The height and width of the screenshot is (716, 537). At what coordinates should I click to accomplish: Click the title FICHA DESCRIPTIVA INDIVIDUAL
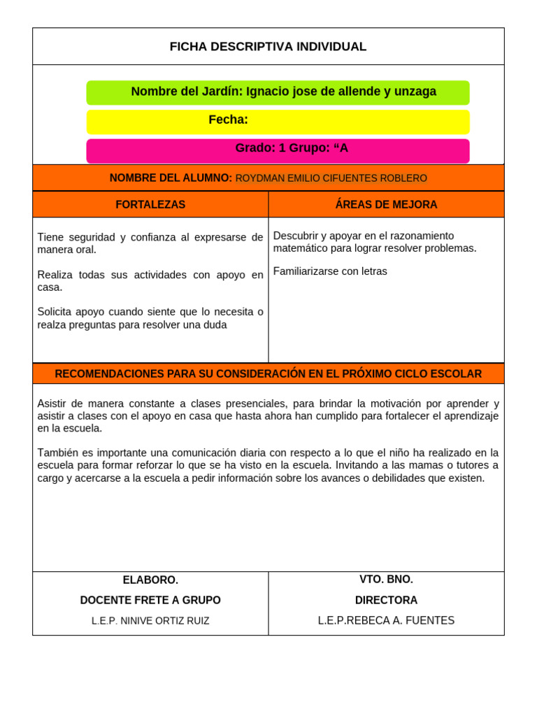point(268,47)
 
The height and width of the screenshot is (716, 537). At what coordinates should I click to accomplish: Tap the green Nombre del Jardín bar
point(278,92)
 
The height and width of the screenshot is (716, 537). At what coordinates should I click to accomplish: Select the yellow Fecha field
point(278,121)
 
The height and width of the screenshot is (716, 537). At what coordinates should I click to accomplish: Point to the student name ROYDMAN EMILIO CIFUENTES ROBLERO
point(331,178)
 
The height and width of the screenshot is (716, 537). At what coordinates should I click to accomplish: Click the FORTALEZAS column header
point(150,205)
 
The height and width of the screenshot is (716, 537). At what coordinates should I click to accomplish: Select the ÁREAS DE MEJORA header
point(386,205)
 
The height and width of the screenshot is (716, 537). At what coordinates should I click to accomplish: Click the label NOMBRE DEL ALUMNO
point(171,178)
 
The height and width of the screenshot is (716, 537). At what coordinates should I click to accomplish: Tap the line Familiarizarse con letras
point(330,271)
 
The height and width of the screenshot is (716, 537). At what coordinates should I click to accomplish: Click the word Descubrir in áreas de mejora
point(295,236)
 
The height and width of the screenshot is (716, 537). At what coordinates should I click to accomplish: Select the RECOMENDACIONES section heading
point(268,374)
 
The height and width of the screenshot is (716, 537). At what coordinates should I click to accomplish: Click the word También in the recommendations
point(59,453)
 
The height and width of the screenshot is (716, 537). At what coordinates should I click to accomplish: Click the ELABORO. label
point(150,580)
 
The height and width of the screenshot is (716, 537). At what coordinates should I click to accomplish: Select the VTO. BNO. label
point(386,580)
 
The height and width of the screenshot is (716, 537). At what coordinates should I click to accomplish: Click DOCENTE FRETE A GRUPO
point(150,601)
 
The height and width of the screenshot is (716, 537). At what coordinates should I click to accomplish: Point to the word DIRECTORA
point(386,601)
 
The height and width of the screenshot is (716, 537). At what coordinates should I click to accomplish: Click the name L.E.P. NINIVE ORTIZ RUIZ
point(150,621)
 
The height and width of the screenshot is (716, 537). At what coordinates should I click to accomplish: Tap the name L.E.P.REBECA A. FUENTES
point(386,621)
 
